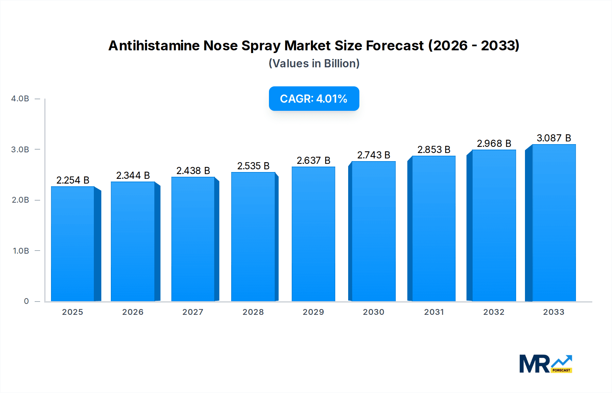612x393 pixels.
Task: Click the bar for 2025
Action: click(x=73, y=244)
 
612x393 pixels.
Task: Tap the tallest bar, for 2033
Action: click(x=554, y=223)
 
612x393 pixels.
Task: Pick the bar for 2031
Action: click(x=434, y=228)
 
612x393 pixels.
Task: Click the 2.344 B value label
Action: click(x=133, y=175)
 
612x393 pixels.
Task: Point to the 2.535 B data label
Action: click(x=253, y=166)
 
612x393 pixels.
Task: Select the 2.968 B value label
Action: click(x=494, y=143)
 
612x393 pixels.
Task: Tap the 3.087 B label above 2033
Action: click(x=554, y=138)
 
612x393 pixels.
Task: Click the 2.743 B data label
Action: click(x=373, y=155)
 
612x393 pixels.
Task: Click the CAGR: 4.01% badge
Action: click(x=314, y=99)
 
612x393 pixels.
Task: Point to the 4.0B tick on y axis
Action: click(x=20, y=99)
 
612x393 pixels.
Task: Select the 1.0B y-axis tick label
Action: click(x=21, y=251)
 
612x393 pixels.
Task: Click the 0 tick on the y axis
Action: click(x=26, y=301)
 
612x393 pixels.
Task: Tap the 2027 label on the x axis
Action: click(x=193, y=312)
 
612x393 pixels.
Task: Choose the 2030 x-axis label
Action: click(x=373, y=312)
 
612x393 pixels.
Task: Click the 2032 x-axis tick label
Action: click(x=494, y=312)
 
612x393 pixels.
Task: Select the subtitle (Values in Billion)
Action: click(x=314, y=64)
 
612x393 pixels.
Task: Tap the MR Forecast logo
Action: click(x=545, y=364)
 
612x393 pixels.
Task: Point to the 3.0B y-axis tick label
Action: click(x=20, y=150)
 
